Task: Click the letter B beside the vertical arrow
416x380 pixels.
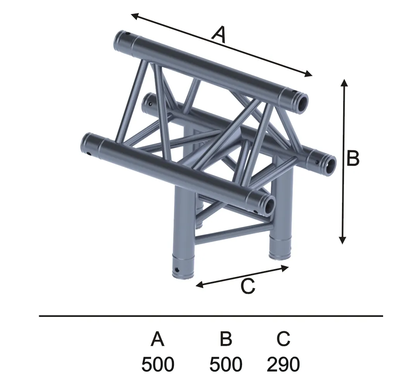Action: [353, 158]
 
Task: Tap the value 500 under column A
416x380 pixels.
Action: [158, 365]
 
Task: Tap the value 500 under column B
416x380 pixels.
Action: [226, 365]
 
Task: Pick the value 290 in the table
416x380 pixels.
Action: [284, 365]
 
